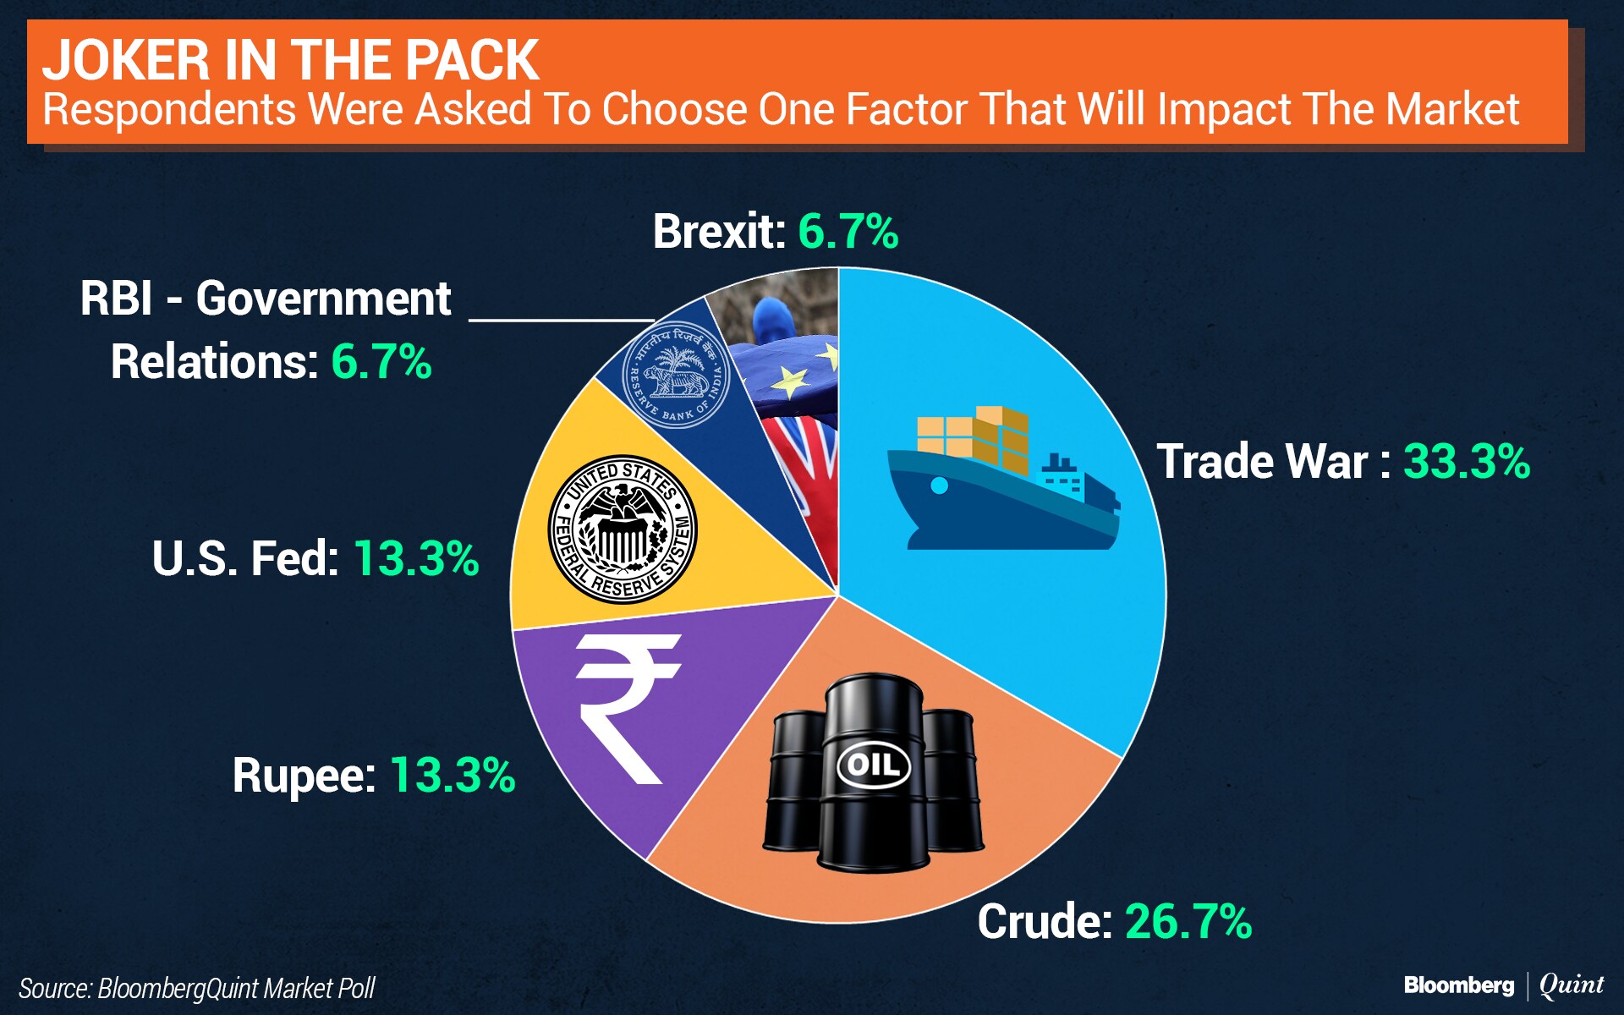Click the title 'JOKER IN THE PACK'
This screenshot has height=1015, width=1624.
(x=290, y=61)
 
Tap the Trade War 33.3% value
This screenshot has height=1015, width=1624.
(x=1467, y=462)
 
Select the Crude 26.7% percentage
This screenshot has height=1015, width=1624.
(x=1188, y=921)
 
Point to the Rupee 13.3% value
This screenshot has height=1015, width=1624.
(x=453, y=775)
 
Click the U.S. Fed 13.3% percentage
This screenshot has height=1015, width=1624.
(x=416, y=558)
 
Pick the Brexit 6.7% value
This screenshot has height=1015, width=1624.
(x=848, y=232)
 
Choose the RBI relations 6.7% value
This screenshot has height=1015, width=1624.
(x=381, y=362)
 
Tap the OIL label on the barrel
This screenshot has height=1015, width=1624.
(x=873, y=765)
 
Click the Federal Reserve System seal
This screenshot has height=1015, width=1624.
(x=623, y=529)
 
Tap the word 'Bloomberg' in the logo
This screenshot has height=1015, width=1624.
(x=1458, y=985)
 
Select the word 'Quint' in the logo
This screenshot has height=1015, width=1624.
(x=1571, y=985)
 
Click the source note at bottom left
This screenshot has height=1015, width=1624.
(x=196, y=988)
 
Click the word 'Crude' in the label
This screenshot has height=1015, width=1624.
(x=1044, y=921)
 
